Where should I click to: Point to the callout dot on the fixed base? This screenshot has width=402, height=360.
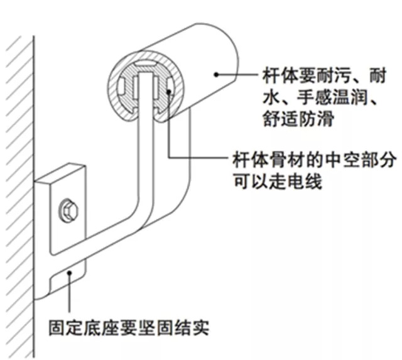[73, 272]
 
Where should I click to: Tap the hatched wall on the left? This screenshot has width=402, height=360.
[16, 188]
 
